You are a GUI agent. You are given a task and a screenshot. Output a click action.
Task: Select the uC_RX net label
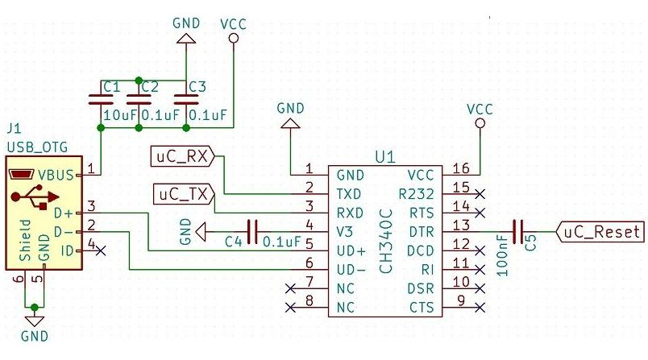coord(181,156)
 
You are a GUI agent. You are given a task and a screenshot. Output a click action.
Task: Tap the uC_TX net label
coord(181,193)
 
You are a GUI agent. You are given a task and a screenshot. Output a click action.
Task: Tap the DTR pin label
coord(422,230)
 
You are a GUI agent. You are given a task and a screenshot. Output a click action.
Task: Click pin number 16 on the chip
coord(460,168)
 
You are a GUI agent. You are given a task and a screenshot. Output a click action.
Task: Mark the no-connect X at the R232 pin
coord(480,193)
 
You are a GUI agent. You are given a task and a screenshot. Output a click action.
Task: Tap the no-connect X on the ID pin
coord(101,251)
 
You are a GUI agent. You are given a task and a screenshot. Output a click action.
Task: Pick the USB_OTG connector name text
coord(36,147)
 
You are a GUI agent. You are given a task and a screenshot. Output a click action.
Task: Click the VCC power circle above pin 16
coord(480,124)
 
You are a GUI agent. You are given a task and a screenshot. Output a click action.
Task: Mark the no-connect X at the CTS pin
coord(480,307)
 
